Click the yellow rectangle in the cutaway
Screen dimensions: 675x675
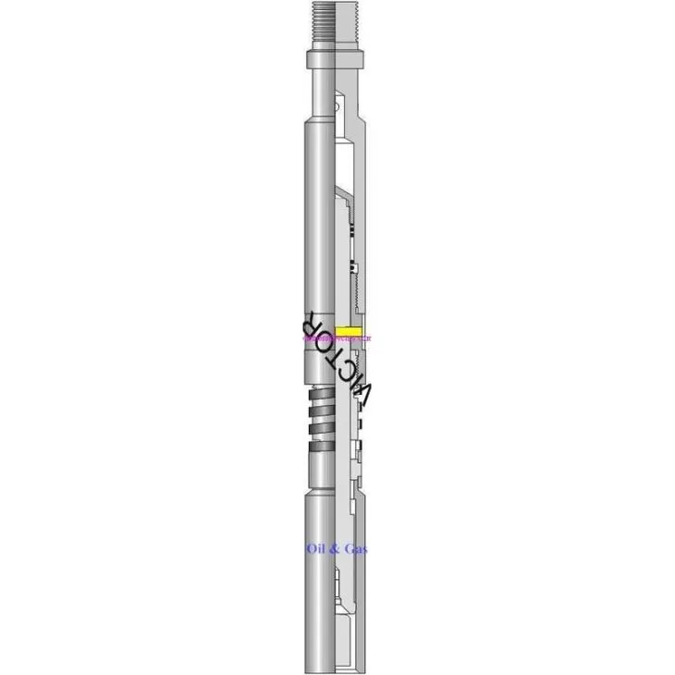tap(349, 331)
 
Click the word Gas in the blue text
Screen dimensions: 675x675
tap(355, 549)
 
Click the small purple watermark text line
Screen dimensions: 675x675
tap(337, 339)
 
